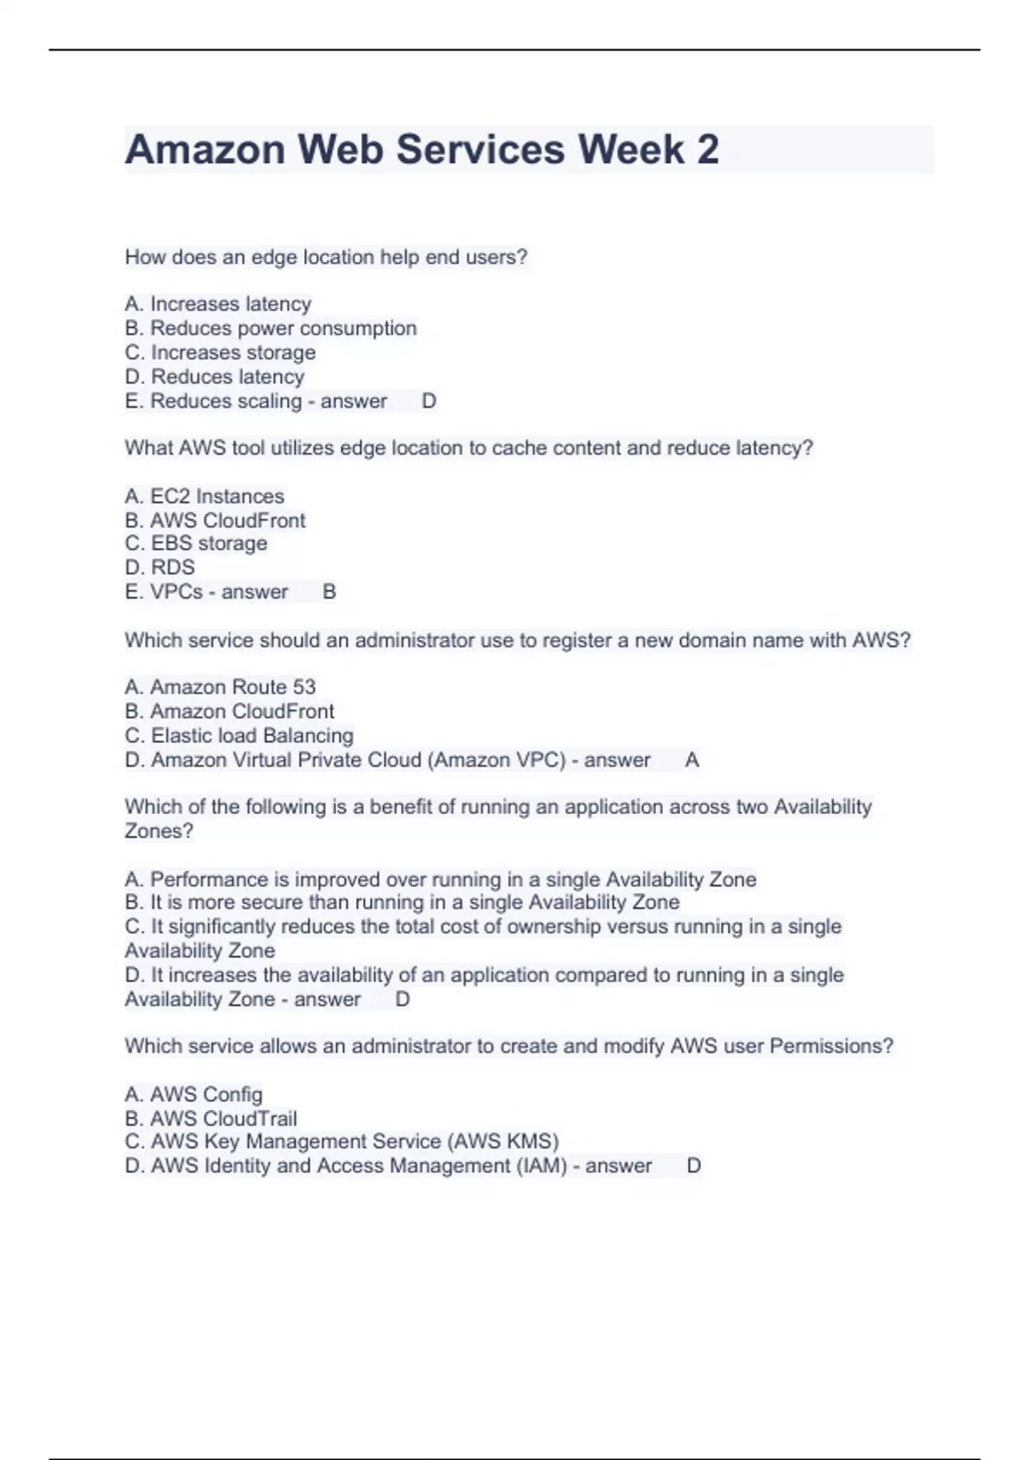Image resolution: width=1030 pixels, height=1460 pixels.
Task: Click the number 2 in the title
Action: [707, 149]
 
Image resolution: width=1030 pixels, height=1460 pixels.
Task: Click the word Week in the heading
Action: [631, 149]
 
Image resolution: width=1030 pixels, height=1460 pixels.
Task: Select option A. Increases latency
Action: [218, 304]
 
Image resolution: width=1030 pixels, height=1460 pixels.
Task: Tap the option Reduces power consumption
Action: [270, 328]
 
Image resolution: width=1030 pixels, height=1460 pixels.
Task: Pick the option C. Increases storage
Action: [220, 352]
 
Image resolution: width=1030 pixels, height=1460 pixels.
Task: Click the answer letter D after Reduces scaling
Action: [429, 401]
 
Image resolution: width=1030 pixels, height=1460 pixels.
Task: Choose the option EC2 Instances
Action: [204, 496]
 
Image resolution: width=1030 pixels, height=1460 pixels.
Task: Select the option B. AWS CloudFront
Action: [215, 520]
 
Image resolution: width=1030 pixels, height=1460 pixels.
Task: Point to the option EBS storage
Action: [196, 544]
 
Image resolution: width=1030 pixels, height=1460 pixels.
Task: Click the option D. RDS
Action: [160, 568]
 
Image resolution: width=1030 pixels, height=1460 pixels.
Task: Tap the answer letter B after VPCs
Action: [329, 592]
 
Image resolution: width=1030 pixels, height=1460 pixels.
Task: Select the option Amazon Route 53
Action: [220, 687]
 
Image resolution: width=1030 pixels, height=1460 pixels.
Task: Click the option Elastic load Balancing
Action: [239, 736]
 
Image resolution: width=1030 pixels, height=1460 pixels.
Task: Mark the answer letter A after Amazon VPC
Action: [692, 760]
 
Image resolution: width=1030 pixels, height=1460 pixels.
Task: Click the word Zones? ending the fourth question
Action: [159, 831]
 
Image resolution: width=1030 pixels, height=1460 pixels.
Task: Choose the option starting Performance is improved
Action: [440, 879]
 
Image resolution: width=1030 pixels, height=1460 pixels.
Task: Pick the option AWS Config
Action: [193, 1094]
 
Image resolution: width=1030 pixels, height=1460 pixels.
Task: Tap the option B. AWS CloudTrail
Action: [210, 1119]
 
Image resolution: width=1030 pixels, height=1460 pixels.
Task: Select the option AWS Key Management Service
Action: [342, 1141]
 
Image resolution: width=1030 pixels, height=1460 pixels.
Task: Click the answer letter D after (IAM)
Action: [694, 1166]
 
